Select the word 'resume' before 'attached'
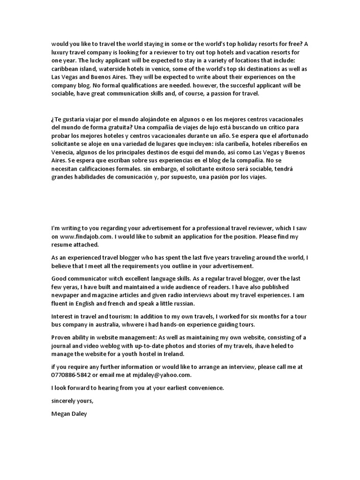point(62,245)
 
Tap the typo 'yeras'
point(69,287)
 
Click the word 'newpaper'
point(66,295)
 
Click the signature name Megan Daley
point(69,413)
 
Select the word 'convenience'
point(205,388)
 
